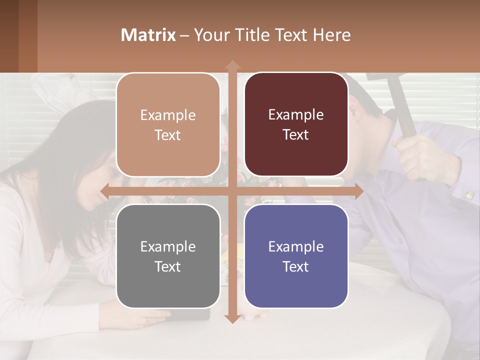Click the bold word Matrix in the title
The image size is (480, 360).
tap(148, 35)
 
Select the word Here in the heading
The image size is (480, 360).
tap(331, 35)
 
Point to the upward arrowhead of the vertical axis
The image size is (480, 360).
tap(232, 65)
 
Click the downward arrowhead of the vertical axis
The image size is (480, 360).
tap(232, 318)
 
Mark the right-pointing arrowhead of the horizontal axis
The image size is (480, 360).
tap(358, 191)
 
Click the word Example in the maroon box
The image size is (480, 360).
tap(296, 114)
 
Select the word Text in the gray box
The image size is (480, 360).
tap(167, 266)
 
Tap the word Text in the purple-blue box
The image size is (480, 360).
tap(295, 266)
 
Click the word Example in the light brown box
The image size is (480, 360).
tap(168, 115)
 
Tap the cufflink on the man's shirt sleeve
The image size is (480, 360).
tap(469, 195)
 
